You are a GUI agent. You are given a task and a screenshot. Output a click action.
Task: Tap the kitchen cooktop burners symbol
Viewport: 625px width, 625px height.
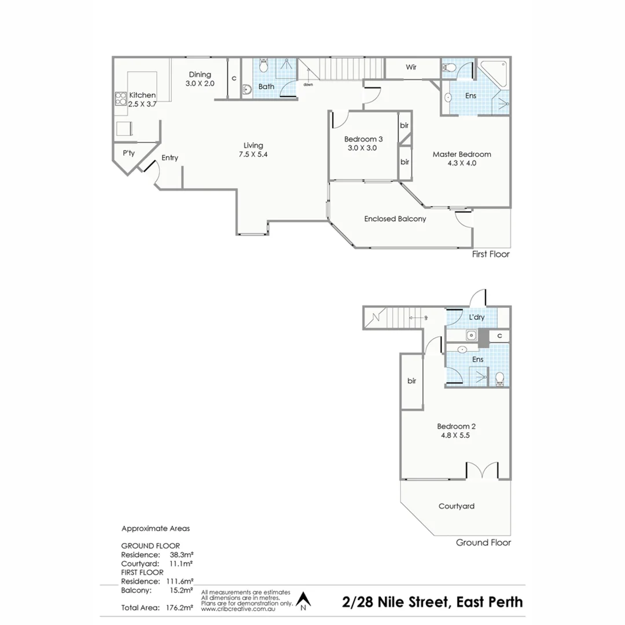click(x=121, y=99)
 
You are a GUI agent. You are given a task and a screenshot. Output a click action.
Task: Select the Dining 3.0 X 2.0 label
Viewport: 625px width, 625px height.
click(x=200, y=79)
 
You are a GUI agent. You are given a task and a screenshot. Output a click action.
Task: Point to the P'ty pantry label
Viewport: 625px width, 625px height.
click(x=128, y=153)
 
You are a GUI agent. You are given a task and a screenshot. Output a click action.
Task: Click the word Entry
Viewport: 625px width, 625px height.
click(x=170, y=158)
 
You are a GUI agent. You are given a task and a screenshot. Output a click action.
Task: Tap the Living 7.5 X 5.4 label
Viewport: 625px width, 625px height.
click(x=253, y=149)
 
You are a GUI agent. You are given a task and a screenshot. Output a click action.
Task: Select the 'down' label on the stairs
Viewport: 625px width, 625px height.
click(x=308, y=84)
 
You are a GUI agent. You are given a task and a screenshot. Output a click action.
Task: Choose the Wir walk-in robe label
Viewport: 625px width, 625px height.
click(x=411, y=67)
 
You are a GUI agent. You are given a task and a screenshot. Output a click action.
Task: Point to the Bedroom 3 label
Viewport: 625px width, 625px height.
click(x=363, y=143)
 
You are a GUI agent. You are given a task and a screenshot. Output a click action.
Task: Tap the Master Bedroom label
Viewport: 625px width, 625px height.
click(x=462, y=158)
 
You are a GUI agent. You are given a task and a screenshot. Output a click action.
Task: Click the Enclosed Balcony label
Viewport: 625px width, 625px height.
click(x=395, y=219)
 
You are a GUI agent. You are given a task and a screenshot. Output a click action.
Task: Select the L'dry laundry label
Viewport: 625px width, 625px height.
click(x=477, y=318)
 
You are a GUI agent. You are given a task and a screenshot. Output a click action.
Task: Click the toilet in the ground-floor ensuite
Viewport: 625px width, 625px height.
click(x=500, y=379)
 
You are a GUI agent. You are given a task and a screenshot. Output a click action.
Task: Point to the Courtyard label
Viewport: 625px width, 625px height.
click(x=456, y=506)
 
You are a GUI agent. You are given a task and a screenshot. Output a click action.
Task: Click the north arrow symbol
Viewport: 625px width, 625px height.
click(x=303, y=601)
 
